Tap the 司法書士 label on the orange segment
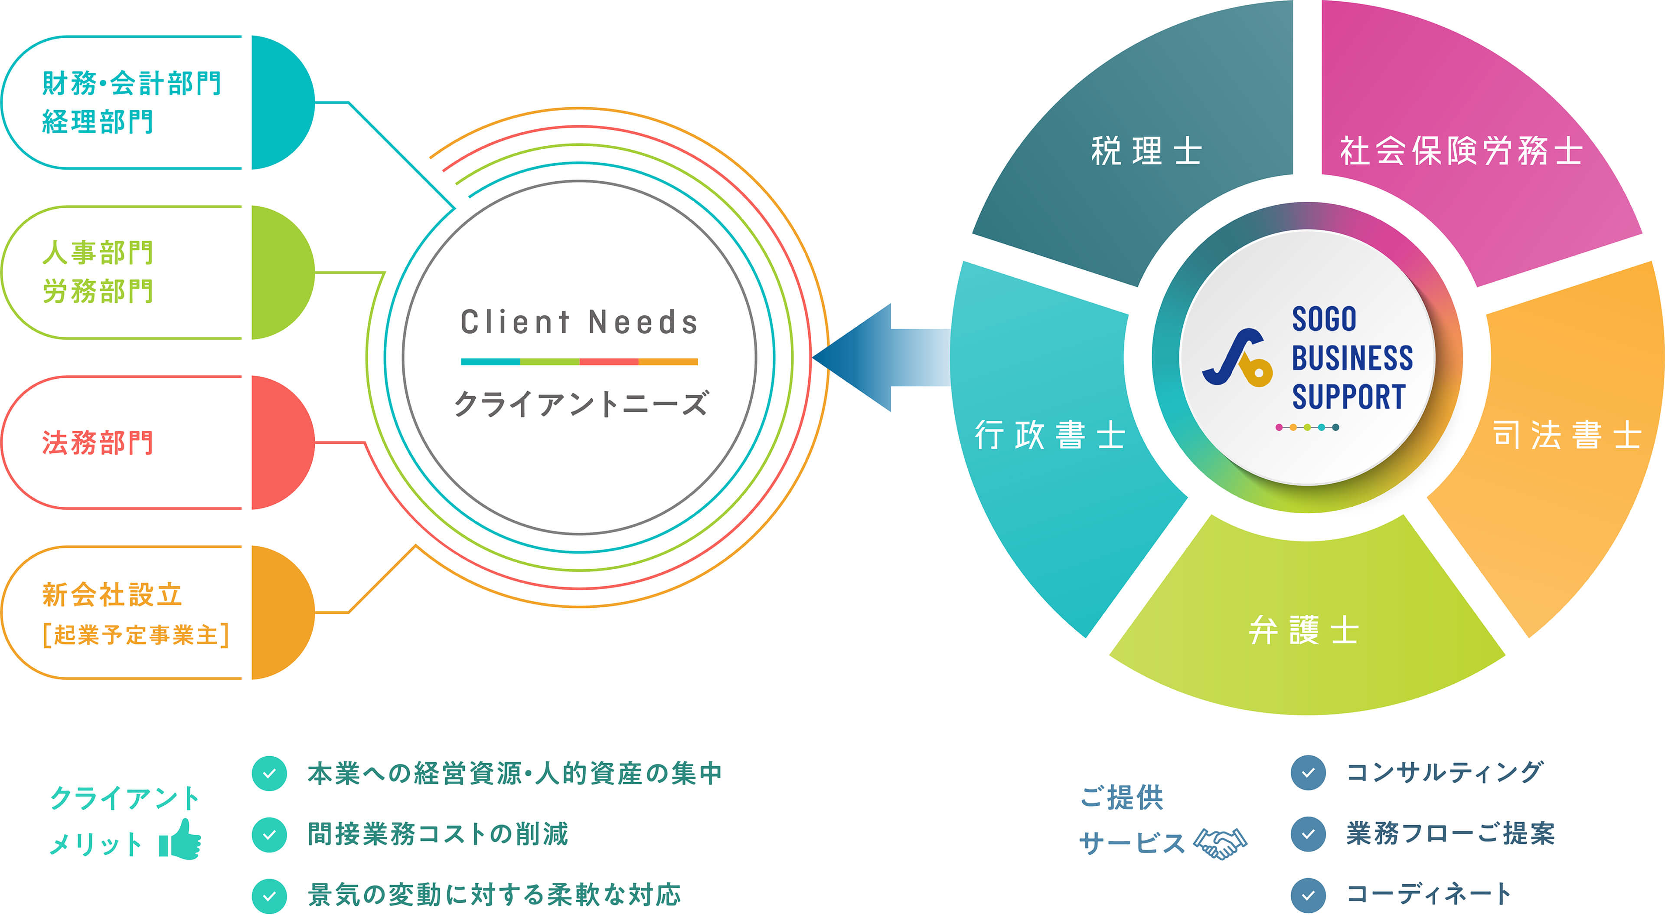(1566, 435)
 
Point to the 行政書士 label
(1050, 435)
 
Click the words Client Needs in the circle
(579, 322)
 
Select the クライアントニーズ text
(581, 403)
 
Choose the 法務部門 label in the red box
(98, 443)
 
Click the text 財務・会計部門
(132, 83)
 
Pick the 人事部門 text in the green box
(98, 253)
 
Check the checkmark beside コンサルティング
(1308, 773)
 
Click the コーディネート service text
(1428, 894)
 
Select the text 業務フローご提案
(1450, 833)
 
